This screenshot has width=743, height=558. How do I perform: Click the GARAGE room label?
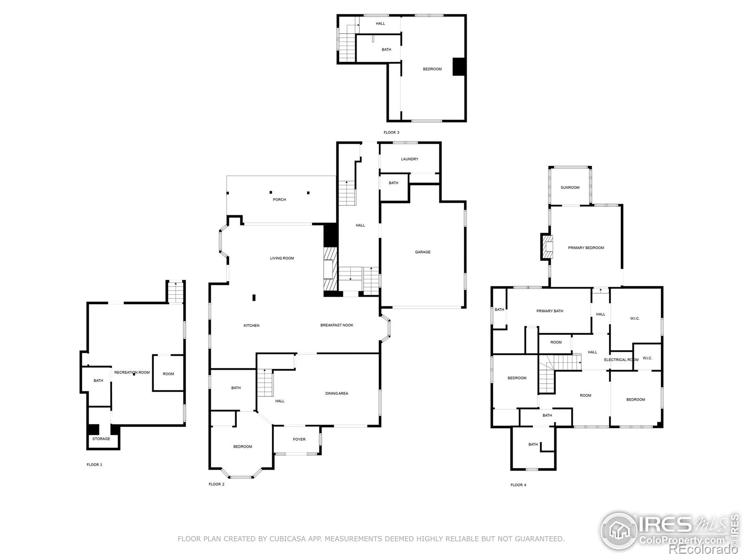[423, 252]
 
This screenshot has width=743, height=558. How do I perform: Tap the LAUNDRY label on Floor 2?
[410, 159]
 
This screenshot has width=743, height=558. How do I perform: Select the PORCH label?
[279, 199]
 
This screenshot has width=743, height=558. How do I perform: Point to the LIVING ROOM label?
[282, 258]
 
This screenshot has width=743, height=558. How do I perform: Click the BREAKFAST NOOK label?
[337, 325]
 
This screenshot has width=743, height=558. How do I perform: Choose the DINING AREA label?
[337, 393]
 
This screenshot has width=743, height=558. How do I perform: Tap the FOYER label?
[299, 439]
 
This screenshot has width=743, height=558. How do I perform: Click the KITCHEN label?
[252, 325]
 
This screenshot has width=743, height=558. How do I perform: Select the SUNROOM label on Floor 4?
[570, 187]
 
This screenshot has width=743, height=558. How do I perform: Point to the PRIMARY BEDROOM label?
[586, 248]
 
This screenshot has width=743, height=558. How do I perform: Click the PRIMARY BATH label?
[550, 311]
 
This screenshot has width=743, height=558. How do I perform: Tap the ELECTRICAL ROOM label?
[621, 360]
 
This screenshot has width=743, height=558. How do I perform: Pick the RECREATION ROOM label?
[132, 372]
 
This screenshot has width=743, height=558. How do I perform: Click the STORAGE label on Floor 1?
[101, 439]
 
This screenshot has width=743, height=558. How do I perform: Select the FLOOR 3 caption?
[391, 133]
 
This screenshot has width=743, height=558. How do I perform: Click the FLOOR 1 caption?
[94, 465]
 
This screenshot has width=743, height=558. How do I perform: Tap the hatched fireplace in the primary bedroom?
[547, 246]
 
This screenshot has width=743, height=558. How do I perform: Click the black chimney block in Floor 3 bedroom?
[459, 66]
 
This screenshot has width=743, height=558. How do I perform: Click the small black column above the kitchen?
[254, 298]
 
